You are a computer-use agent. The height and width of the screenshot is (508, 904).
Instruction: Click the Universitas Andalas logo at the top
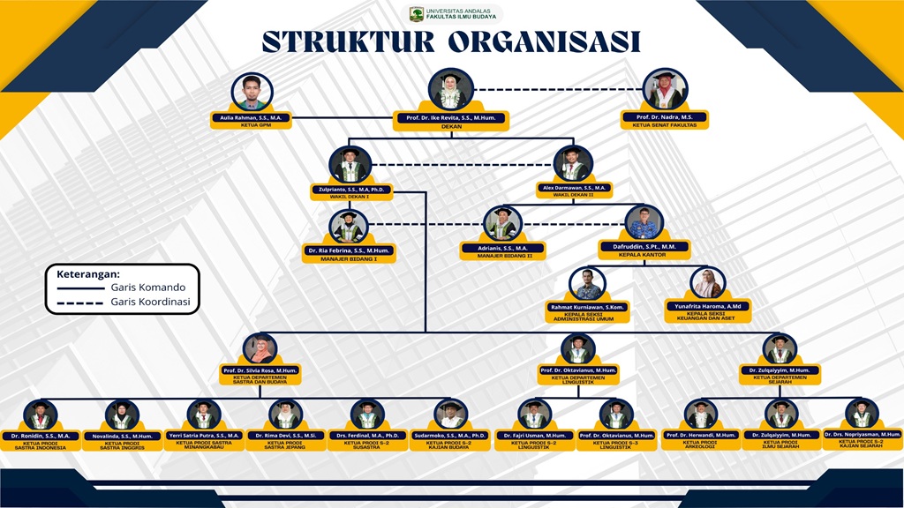(x=417, y=14)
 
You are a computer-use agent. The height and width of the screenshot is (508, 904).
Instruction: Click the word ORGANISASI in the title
(x=545, y=41)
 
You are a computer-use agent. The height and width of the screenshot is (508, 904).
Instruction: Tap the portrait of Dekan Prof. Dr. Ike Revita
(x=451, y=90)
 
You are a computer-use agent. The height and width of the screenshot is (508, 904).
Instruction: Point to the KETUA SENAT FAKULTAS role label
(x=665, y=125)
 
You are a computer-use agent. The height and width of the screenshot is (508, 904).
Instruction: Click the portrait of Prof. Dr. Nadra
(x=665, y=90)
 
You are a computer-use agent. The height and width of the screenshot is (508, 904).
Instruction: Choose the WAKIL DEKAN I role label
(x=350, y=196)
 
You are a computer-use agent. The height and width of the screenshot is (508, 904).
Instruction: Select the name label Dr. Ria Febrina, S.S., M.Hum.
(x=348, y=250)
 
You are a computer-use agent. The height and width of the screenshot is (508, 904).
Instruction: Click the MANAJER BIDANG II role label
(x=497, y=256)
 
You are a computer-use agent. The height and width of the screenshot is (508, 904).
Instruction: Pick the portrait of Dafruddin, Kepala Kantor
(x=644, y=224)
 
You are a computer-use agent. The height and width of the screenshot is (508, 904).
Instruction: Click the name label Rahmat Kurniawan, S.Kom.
(x=587, y=306)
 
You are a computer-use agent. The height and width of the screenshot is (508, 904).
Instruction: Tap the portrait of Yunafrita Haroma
(x=707, y=284)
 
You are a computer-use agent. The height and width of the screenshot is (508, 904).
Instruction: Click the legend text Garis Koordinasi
(x=150, y=302)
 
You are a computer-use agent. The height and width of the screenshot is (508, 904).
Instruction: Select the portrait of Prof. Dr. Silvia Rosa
(x=260, y=348)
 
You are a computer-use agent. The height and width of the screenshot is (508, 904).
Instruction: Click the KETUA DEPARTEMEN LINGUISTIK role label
(x=578, y=380)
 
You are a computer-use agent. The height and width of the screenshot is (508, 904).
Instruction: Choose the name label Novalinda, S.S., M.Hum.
(x=123, y=436)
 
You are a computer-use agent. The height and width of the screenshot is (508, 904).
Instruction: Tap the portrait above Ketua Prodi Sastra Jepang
(x=285, y=415)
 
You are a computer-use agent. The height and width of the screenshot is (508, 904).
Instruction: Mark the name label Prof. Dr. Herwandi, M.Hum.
(x=701, y=435)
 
